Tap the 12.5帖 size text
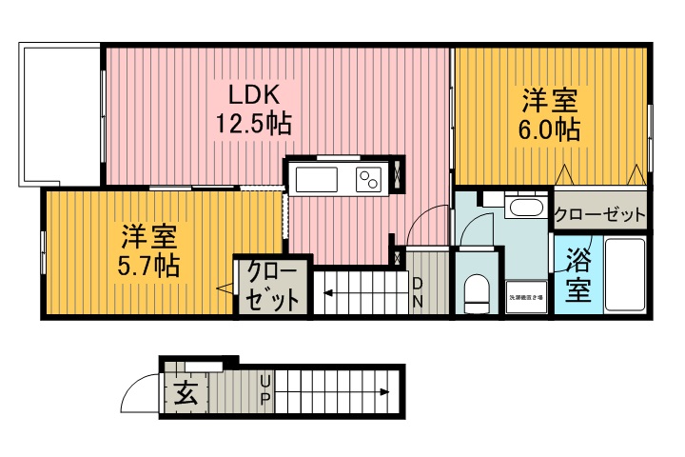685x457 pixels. (x=252, y=124)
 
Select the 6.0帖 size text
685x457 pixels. (x=550, y=129)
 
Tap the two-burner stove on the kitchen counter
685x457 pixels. (x=368, y=178)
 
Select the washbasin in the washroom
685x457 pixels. (x=523, y=207)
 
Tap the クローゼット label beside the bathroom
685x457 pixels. (x=599, y=215)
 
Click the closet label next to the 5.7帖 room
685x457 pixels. (x=273, y=286)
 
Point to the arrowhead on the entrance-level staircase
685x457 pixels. (x=384, y=391)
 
